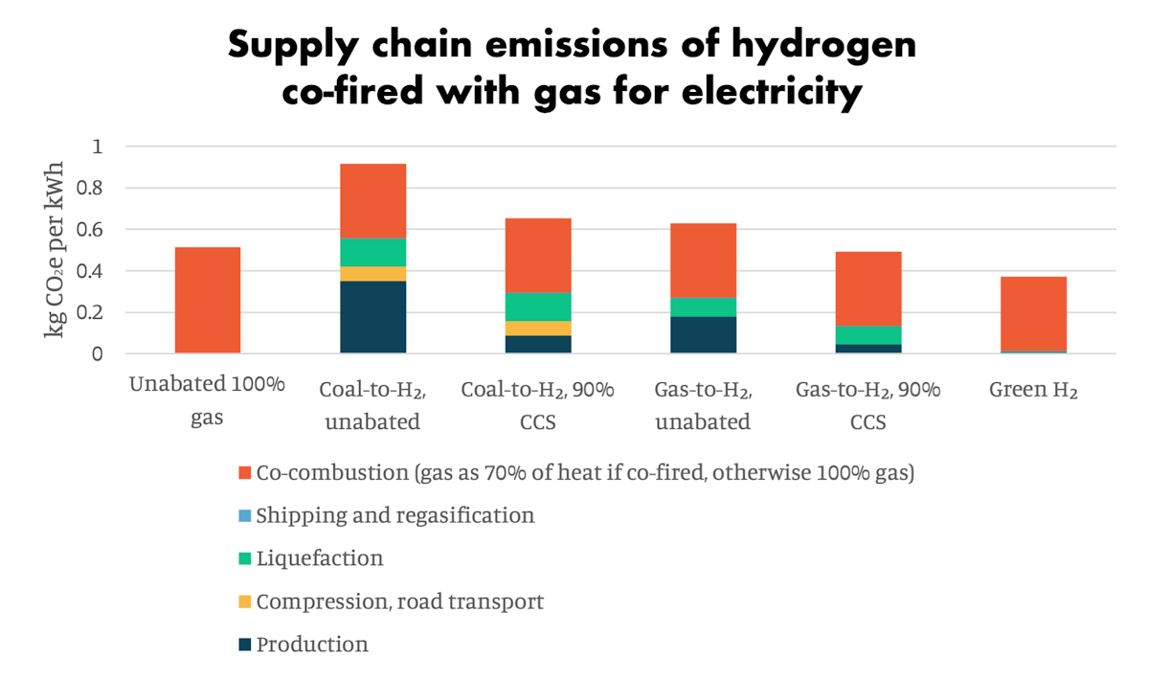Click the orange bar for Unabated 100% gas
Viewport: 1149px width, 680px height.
click(x=208, y=300)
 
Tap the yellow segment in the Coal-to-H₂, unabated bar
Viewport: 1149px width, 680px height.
click(x=373, y=274)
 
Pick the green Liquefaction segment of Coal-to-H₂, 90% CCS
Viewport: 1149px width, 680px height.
click(x=538, y=306)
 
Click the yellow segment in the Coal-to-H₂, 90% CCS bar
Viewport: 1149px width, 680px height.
click(x=538, y=329)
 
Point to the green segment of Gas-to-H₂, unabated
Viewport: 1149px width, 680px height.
click(x=703, y=306)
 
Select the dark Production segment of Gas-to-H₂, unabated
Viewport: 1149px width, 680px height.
click(x=703, y=334)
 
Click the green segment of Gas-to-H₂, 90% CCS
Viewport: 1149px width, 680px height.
click(x=868, y=335)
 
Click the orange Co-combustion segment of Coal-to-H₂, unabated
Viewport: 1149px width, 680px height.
click(x=373, y=201)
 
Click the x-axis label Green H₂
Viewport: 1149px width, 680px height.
click(x=1033, y=391)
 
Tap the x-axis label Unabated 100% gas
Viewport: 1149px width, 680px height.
click(x=208, y=402)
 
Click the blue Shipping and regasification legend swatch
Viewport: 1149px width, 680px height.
click(x=245, y=516)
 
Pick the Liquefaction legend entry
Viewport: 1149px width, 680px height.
click(x=320, y=558)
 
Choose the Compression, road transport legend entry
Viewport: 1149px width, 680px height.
click(x=399, y=601)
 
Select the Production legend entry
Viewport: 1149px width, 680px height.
click(x=312, y=645)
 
